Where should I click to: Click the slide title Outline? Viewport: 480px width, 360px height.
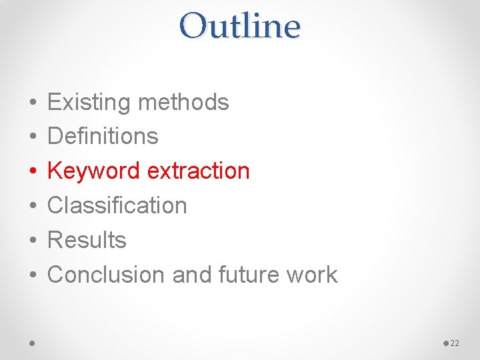coord(240,27)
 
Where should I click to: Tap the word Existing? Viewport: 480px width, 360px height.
coord(89,103)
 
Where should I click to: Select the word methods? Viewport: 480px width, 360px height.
coord(183,103)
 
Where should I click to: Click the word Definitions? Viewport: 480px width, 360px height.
coord(103,137)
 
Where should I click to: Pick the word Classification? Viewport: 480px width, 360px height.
coord(117,205)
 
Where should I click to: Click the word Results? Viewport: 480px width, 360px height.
coord(87,240)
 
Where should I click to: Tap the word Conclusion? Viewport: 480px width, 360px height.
coord(107,275)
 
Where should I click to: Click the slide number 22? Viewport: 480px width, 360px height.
coord(455,343)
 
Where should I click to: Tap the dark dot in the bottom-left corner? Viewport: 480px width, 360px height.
coord(32,343)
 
